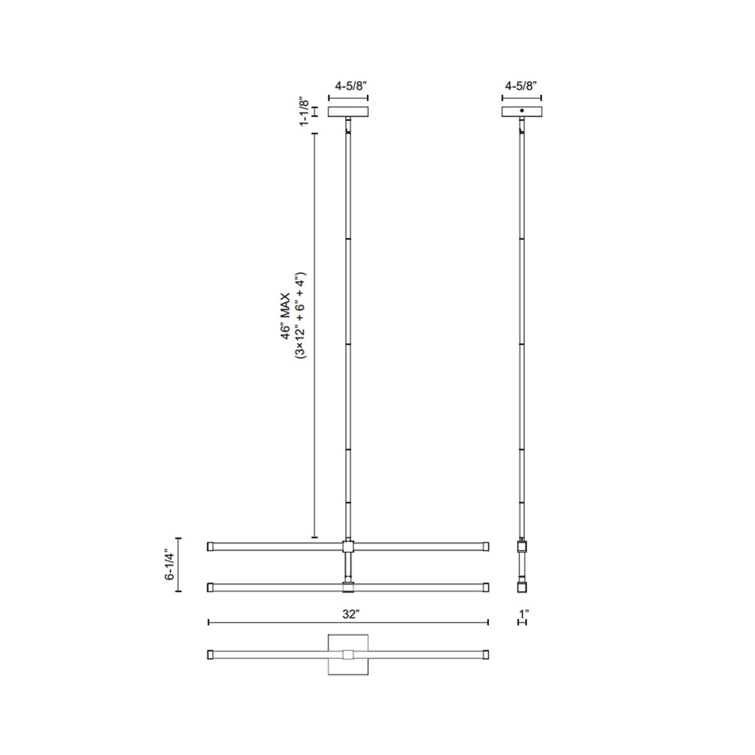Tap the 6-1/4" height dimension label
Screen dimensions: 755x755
tap(168, 565)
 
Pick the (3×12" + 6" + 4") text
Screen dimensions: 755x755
tap(300, 315)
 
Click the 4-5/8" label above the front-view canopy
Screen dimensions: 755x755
tap(348, 87)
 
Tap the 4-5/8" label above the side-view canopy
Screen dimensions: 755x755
tap(522, 87)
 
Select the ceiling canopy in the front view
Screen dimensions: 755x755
tap(348, 112)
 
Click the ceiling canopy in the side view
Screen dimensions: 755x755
tap(522, 112)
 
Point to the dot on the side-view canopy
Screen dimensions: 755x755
tap(522, 111)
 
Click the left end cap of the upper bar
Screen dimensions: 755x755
tap(211, 546)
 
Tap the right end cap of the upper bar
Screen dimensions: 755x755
tap(486, 546)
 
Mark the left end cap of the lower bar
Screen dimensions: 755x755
tap(211, 588)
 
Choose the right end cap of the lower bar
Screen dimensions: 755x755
tap(486, 588)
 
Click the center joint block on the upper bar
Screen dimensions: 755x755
tap(348, 546)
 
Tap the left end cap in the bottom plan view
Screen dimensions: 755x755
tap(211, 655)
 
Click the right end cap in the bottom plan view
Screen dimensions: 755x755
tap(486, 655)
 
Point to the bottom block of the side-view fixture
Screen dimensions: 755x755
tap(522, 588)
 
